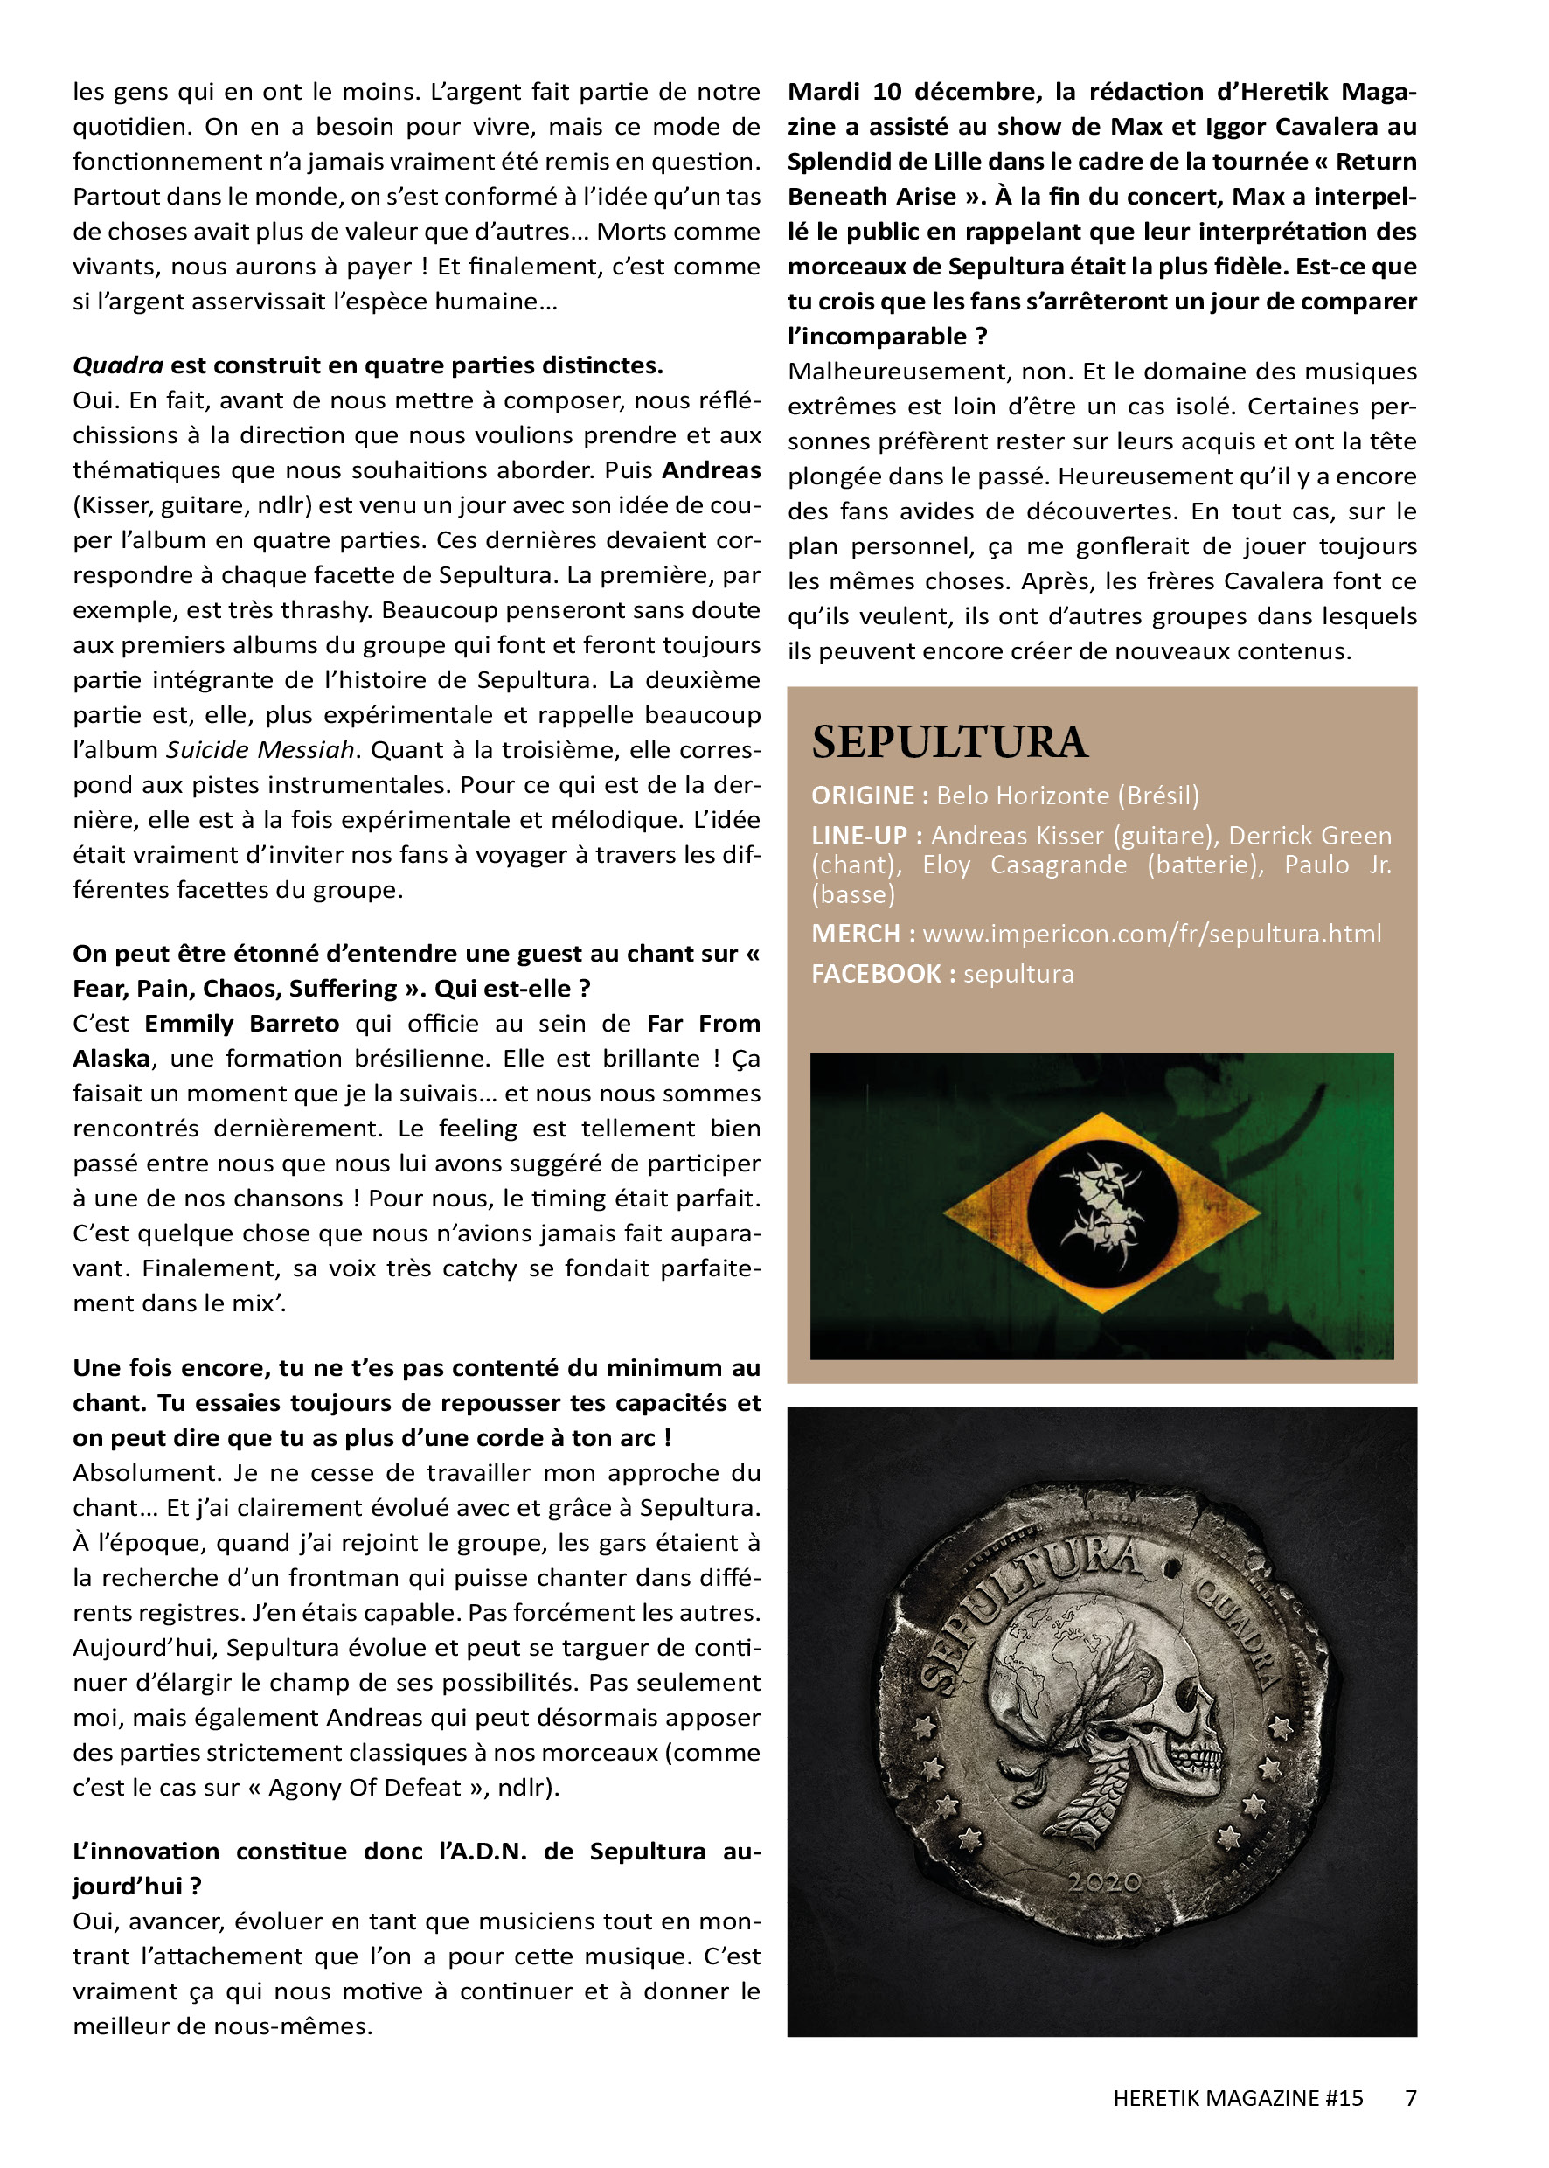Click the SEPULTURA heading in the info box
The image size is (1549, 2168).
pos(949,742)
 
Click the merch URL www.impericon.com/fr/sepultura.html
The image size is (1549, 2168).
pos(1151,933)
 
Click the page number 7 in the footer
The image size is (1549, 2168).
pos(1411,2097)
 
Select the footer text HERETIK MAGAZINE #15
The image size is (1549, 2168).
pos(1237,2097)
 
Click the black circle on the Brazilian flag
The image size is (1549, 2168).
pos(1101,1213)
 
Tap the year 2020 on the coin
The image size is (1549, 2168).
pos(1103,1882)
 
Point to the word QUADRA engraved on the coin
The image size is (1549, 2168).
pos(1235,1634)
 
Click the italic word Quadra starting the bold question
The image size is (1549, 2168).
pos(117,365)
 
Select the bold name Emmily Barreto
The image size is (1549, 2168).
pos(241,1024)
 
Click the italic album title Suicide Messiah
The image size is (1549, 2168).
pos(260,750)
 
